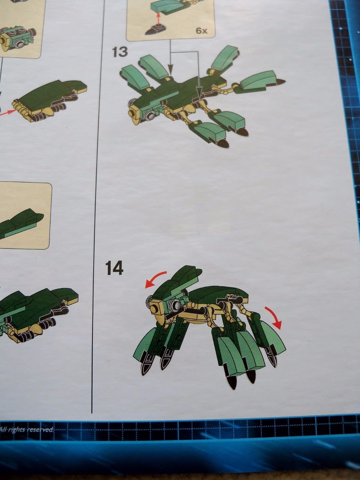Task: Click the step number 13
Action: point(119,52)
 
